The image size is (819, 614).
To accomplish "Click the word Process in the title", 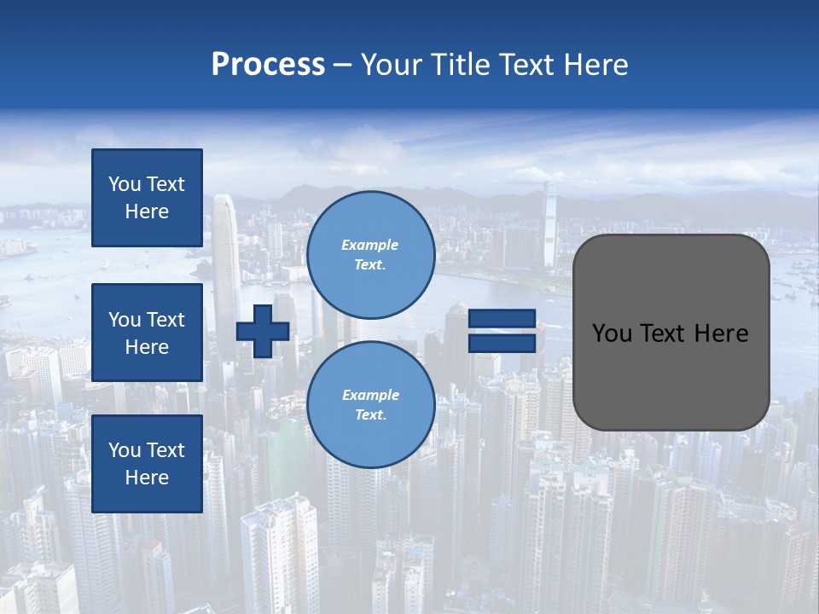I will click(268, 65).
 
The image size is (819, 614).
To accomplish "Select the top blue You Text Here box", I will click(147, 198).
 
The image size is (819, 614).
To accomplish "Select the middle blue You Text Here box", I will click(147, 333).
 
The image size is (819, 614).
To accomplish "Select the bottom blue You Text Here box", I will click(147, 464).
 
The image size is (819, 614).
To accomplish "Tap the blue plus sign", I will click(263, 331).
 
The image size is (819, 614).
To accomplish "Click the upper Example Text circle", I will click(370, 255).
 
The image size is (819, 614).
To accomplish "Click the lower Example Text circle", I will click(370, 405).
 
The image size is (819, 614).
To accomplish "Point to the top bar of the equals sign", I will click(502, 318).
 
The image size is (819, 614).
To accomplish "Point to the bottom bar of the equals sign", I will click(502, 343).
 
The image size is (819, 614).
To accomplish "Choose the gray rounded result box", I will click(671, 332).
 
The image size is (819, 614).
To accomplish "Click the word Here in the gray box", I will click(721, 333).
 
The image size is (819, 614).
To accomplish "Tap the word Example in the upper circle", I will click(370, 245).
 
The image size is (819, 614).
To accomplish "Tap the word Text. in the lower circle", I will click(370, 415).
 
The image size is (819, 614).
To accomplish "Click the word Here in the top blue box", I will click(147, 211).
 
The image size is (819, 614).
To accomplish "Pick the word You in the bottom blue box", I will click(125, 450).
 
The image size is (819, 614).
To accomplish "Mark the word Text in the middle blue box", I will click(166, 320).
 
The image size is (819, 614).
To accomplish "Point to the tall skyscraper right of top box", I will click(225, 256).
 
